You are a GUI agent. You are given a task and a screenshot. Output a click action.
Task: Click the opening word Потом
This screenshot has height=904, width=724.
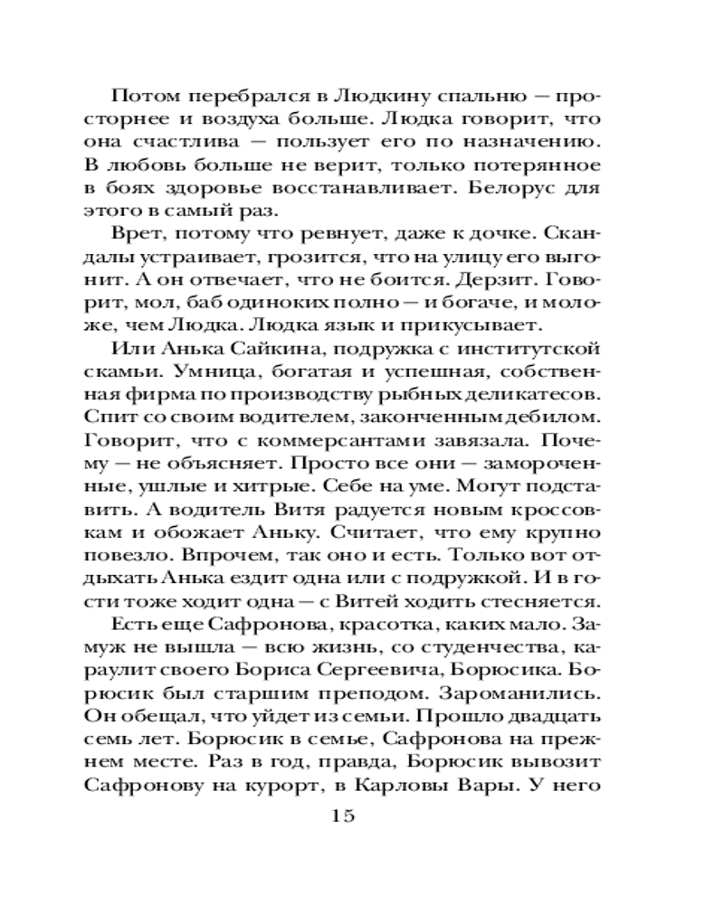point(142,97)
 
